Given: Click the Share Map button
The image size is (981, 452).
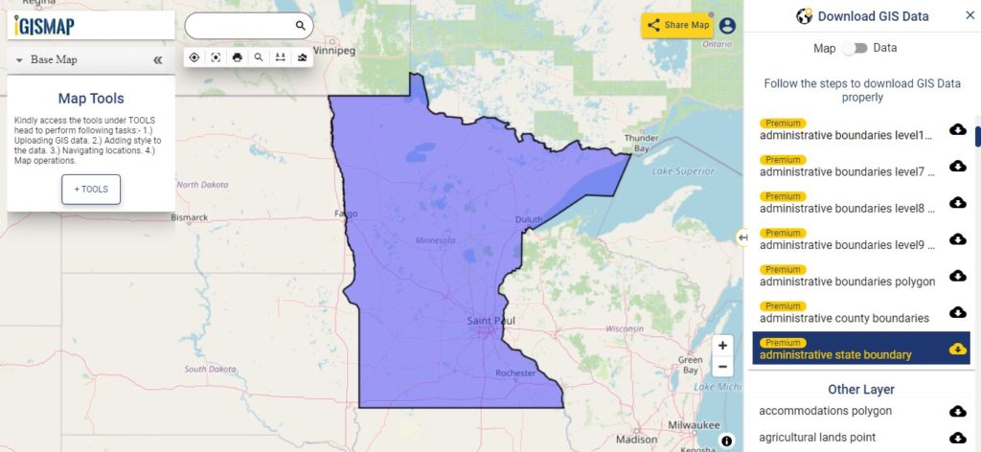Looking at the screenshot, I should pyautogui.click(x=677, y=26).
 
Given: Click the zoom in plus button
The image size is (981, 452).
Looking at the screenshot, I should pyautogui.click(x=722, y=345).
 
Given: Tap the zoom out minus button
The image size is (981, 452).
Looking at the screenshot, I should pyautogui.click(x=722, y=367).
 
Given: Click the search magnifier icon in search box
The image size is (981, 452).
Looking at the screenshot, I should pyautogui.click(x=300, y=26).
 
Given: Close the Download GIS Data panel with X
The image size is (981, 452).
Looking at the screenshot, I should pyautogui.click(x=970, y=15).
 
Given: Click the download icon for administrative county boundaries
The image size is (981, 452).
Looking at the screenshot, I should pyautogui.click(x=957, y=312).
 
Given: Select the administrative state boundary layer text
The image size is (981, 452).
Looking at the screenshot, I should pyautogui.click(x=834, y=355).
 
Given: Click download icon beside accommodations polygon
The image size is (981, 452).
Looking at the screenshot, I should pyautogui.click(x=957, y=411).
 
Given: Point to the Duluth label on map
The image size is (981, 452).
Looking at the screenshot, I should pyautogui.click(x=528, y=219).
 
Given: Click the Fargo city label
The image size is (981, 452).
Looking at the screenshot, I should pyautogui.click(x=345, y=213).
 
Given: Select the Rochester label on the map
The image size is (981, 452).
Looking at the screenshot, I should pyautogui.click(x=516, y=373).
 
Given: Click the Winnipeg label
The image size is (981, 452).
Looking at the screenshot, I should pyautogui.click(x=333, y=49).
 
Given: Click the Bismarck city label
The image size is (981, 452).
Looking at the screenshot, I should pyautogui.click(x=189, y=217).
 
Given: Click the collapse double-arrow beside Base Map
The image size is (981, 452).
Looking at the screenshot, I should pyautogui.click(x=158, y=59).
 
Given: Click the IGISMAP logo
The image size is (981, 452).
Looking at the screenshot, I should pyautogui.click(x=44, y=26).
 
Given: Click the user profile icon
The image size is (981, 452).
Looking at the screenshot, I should pyautogui.click(x=727, y=26).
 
